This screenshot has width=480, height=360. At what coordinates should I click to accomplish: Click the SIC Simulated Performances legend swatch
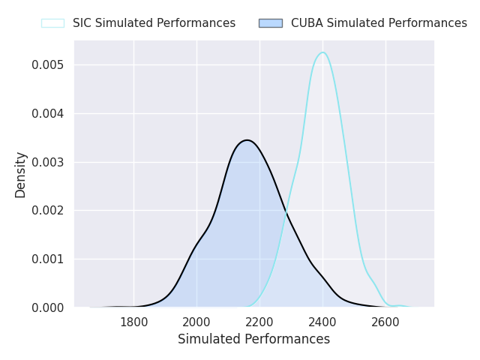pyautogui.click(x=53, y=23)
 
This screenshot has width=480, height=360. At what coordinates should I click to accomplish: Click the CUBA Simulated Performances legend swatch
pyautogui.click(x=271, y=23)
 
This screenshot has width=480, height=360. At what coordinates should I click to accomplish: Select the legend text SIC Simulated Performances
pyautogui.click(x=154, y=23)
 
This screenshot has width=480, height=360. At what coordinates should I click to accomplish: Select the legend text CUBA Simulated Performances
pyautogui.click(x=379, y=23)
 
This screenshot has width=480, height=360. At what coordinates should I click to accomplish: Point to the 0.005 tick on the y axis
pyautogui.click(x=48, y=65)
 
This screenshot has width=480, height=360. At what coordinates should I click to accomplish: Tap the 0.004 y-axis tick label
pyautogui.click(x=48, y=113)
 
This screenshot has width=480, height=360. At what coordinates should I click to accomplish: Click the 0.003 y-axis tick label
pyautogui.click(x=48, y=162)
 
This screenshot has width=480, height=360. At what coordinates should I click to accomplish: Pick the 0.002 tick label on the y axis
pyautogui.click(x=48, y=211)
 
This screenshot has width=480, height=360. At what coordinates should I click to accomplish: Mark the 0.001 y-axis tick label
pyautogui.click(x=48, y=259)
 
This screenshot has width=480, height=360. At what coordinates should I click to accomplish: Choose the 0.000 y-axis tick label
pyautogui.click(x=48, y=307)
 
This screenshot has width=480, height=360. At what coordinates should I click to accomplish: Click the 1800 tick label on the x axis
pyautogui.click(x=133, y=322)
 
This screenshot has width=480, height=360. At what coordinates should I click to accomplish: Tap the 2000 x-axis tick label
pyautogui.click(x=196, y=322)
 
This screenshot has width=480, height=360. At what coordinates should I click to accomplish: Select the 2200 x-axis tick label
pyautogui.click(x=259, y=322)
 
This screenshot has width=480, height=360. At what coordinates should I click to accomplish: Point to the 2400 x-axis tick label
pyautogui.click(x=322, y=322)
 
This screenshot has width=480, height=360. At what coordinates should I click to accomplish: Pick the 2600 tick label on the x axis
pyautogui.click(x=385, y=322)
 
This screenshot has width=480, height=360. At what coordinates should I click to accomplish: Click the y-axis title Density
pyautogui.click(x=20, y=175)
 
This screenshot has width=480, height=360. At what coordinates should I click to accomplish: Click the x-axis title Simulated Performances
pyautogui.click(x=253, y=339)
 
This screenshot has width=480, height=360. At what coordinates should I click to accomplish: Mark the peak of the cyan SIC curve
pyautogui.click(x=322, y=52)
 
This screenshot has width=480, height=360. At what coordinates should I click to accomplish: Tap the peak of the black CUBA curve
pyautogui.click(x=247, y=140)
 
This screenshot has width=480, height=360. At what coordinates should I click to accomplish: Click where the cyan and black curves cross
pyautogui.click(x=286, y=211)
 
